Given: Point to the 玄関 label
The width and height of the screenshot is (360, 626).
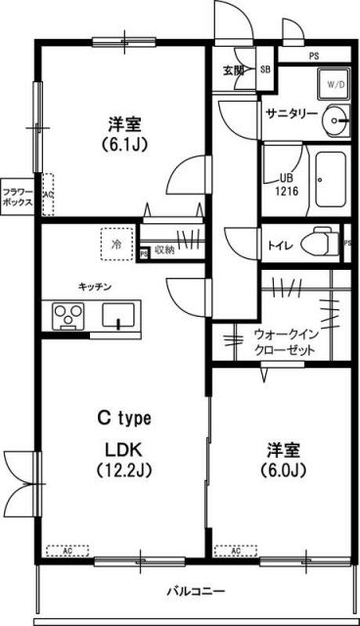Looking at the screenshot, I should pos(234,70).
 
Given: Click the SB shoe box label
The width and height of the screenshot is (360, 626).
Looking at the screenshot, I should pos(265,70).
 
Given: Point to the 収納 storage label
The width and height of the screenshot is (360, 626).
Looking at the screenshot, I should pos(163,251).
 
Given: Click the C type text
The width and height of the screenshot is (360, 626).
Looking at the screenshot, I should pos(122,419).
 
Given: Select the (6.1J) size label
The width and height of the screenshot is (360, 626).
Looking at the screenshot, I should pos(123,146).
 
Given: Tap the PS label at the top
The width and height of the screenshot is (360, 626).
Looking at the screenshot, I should pos(314,56).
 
